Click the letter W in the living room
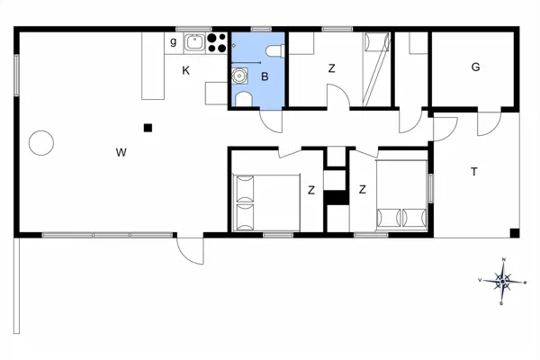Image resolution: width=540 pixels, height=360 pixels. [120, 152]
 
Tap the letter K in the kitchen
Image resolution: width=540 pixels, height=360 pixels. [186, 70]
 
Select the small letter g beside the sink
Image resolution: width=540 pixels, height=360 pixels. [174, 40]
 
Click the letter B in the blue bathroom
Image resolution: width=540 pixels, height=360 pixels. [265, 77]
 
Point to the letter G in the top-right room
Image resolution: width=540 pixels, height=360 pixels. [475, 67]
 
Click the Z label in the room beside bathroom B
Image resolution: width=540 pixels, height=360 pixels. [331, 68]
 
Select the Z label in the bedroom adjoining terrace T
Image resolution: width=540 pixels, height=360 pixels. [362, 189]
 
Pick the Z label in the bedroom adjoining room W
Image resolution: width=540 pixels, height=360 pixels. [310, 190]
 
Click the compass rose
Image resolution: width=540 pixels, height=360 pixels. [503, 282]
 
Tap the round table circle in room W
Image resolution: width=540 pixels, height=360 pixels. [40, 142]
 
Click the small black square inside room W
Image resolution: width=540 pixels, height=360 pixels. [148, 128]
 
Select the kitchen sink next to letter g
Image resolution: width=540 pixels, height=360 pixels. [193, 40]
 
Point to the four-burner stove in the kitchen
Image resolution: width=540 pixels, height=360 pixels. [216, 41]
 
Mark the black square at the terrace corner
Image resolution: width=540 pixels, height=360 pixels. [514, 233]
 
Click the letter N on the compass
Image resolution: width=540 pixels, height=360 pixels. [503, 261]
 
